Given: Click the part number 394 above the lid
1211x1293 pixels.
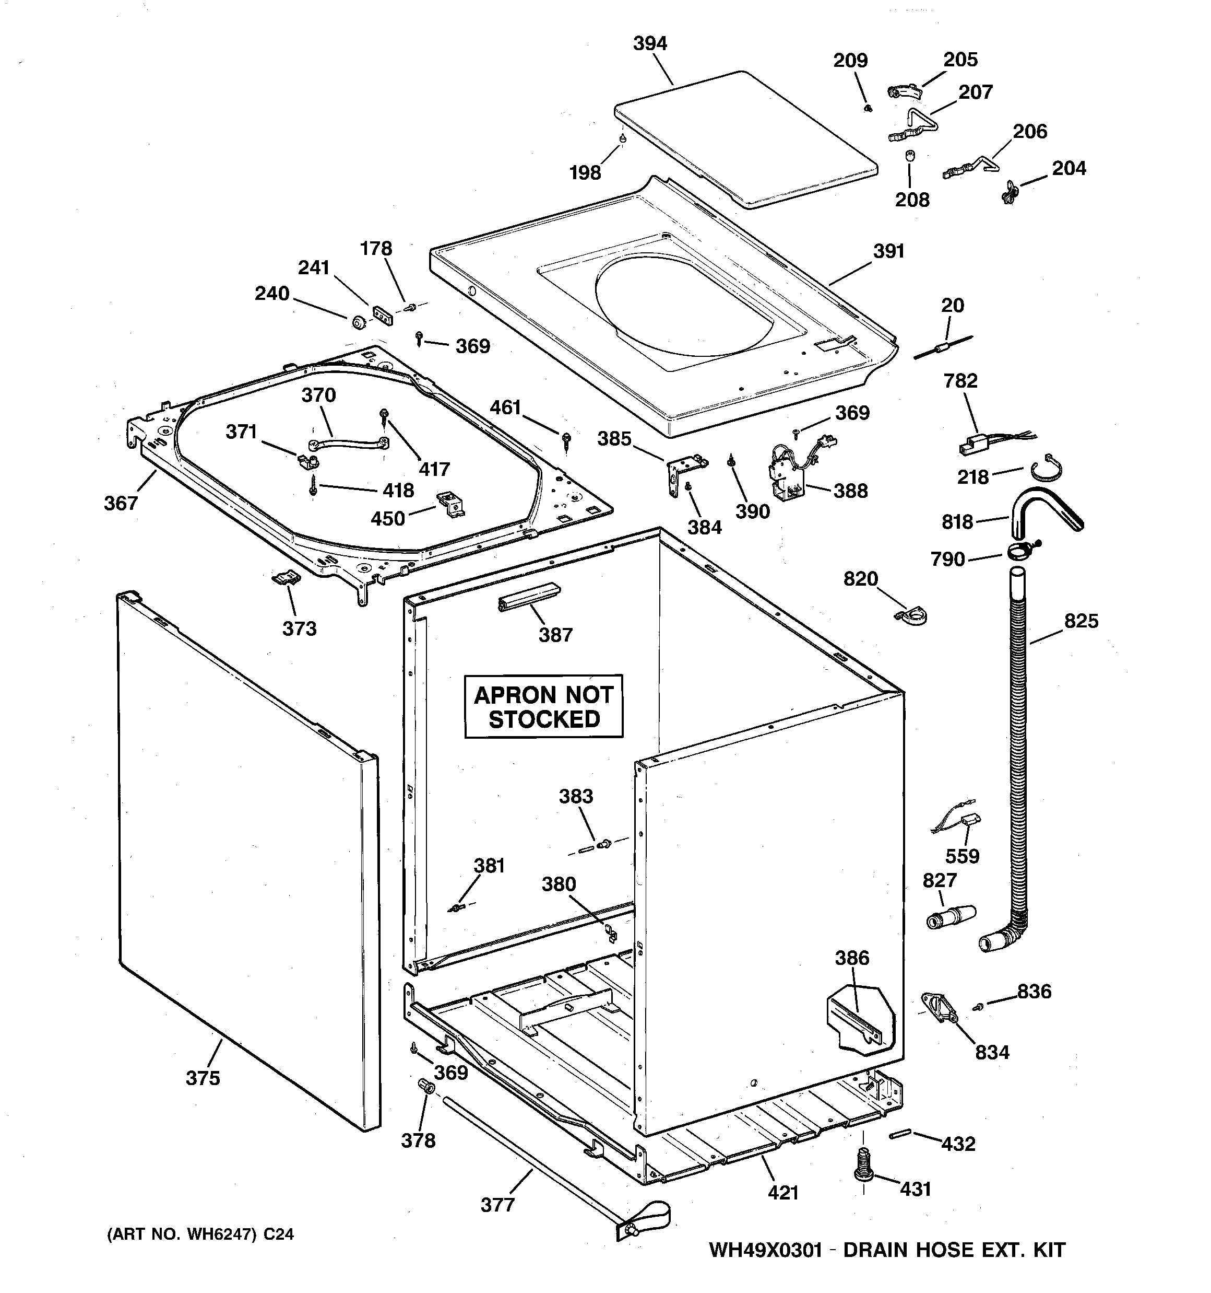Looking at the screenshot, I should coord(649,43).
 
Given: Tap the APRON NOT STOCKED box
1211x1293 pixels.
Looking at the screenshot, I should coord(543,707).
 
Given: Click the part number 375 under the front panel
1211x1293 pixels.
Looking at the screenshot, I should coord(203,1078).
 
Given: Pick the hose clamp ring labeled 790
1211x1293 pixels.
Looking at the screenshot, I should coord(1018,553).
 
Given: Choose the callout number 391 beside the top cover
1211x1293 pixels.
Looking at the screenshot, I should coord(888,251).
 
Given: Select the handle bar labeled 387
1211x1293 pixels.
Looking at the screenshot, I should coord(528,597).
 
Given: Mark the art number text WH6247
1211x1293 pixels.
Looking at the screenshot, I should coord(220,1234).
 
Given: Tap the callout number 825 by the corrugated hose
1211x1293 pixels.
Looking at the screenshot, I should coord(1081,621).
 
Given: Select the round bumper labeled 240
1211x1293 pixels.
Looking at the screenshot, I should coord(357,321).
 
